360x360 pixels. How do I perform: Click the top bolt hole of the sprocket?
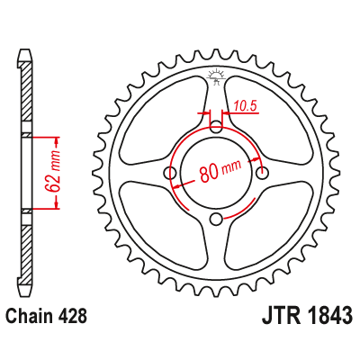(x=216, y=125)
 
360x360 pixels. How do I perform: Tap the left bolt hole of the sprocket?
(x=170, y=172)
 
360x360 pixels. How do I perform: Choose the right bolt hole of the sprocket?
(x=262, y=172)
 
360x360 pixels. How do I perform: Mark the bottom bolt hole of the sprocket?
(x=216, y=219)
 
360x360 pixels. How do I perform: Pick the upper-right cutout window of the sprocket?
(x=269, y=121)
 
